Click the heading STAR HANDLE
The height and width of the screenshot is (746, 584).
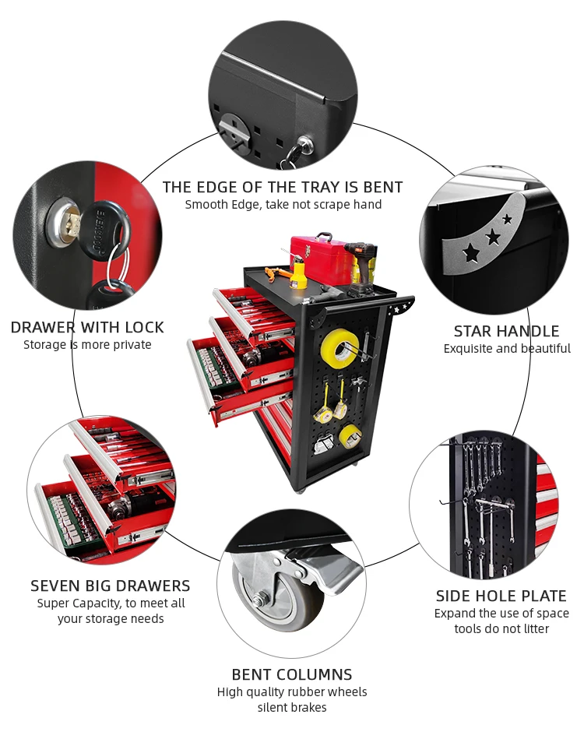(x=506, y=331)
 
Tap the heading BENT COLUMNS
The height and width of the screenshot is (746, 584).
(x=291, y=674)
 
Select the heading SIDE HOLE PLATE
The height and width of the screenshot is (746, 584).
(x=501, y=596)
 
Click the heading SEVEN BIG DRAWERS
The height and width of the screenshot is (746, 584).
(x=111, y=586)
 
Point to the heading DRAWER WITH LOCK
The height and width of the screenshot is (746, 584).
(x=87, y=327)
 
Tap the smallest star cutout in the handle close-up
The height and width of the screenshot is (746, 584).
(x=507, y=220)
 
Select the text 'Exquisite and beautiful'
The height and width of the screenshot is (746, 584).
(x=507, y=349)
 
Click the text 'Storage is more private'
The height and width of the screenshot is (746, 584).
(x=87, y=344)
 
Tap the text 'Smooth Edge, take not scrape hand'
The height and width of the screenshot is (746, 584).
(x=283, y=205)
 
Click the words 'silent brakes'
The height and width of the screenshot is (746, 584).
(x=292, y=708)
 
